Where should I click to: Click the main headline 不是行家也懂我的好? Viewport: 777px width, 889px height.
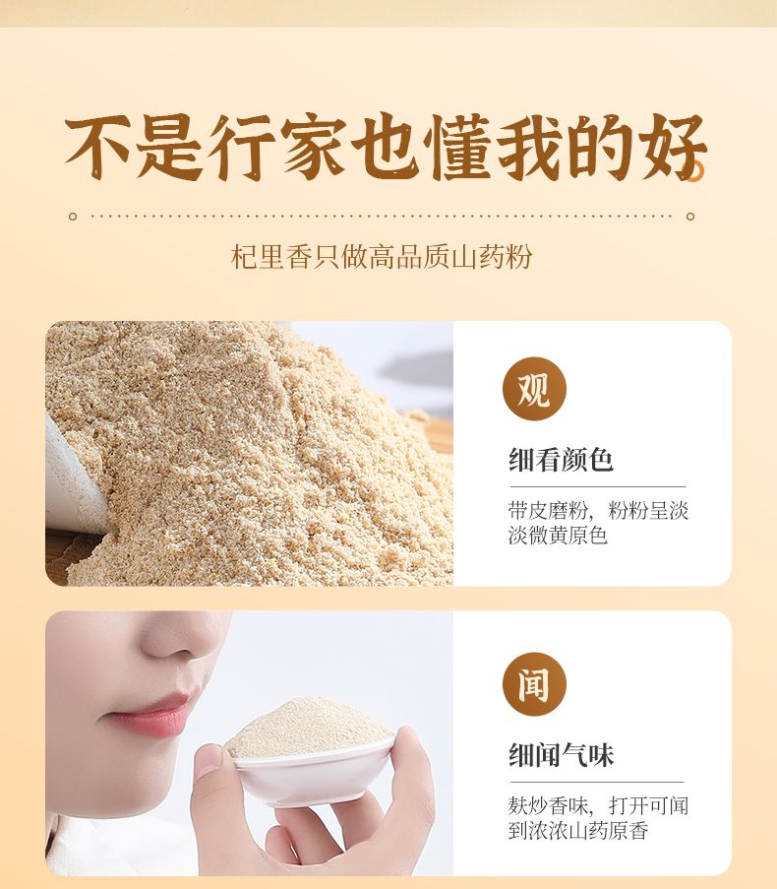[386, 147]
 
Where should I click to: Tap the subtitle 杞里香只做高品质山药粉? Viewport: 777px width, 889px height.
[382, 257]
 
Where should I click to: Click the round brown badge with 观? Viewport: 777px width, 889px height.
[534, 388]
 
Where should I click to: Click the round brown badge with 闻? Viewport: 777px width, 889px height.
[534, 684]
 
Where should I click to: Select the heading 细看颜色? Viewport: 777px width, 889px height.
[561, 459]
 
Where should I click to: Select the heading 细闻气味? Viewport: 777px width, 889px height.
[561, 755]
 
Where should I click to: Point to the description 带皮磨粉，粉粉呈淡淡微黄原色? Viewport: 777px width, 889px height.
[598, 523]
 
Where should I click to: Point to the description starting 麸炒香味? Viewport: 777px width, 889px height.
[598, 818]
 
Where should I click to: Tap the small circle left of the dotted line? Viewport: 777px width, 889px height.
[73, 216]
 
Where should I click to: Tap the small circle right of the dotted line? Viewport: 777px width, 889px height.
[690, 216]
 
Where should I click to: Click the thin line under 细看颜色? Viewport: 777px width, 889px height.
[598, 486]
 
